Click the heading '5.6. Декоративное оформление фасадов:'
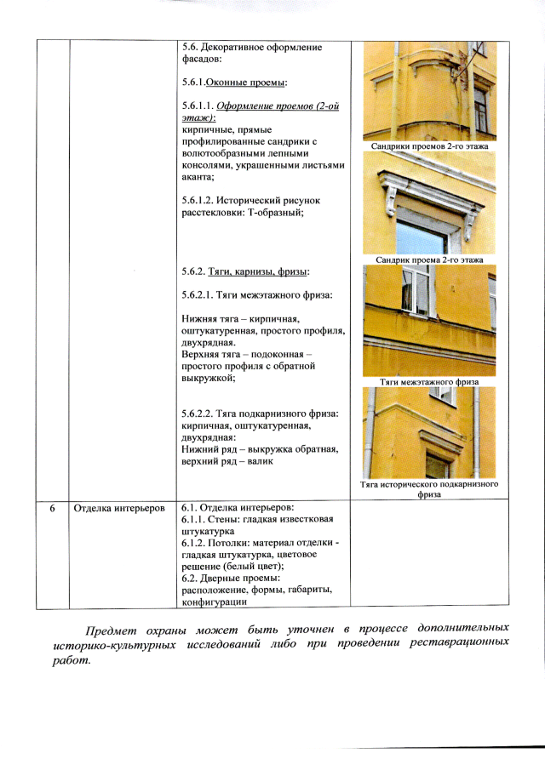pyautogui.click(x=251, y=53)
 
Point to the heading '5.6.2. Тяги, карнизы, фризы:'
pyautogui.click(x=245, y=271)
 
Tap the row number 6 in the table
pyautogui.click(x=52, y=509)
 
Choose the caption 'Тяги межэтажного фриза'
pyautogui.click(x=429, y=382)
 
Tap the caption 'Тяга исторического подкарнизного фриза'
pyautogui.click(x=429, y=488)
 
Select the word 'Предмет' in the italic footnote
pyautogui.click(x=111, y=629)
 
